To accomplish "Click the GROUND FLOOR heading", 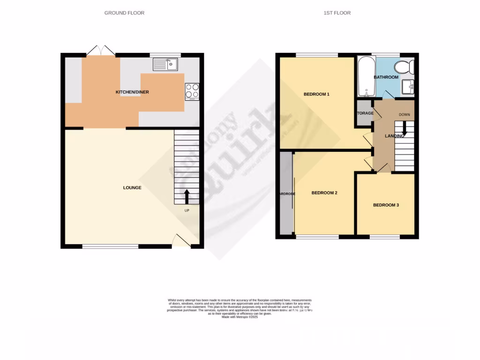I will click(124, 13).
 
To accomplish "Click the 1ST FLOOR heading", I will click(337, 13).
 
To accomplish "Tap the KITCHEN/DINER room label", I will click(132, 92).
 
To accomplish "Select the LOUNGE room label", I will click(132, 188).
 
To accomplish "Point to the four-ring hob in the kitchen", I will click(192, 91).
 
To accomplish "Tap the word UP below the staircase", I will click(187, 210).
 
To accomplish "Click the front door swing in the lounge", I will click(180, 240).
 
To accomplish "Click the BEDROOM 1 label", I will click(316, 94).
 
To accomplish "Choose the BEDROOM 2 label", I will click(324, 193).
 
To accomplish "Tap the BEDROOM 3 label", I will click(386, 205).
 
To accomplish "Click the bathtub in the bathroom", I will click(365, 76).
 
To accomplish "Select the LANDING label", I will click(394, 136).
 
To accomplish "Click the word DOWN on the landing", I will click(405, 115).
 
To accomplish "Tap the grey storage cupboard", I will click(364, 113).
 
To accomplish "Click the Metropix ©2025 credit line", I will click(240, 317).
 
